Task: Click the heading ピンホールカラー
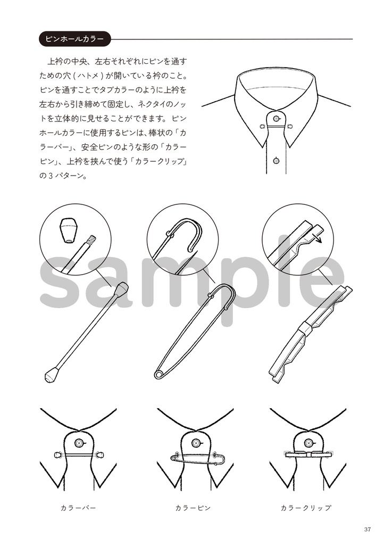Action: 74,39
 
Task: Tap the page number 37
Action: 368,529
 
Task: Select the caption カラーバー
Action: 78,508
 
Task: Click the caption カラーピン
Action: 193,508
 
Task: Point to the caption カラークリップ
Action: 306,508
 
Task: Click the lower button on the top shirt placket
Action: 276,160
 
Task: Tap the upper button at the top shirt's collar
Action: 276,118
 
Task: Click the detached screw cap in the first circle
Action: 68,230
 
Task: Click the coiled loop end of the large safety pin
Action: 158,375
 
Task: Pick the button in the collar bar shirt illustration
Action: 79,442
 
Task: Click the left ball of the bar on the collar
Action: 57,455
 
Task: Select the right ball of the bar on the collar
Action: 101,455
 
